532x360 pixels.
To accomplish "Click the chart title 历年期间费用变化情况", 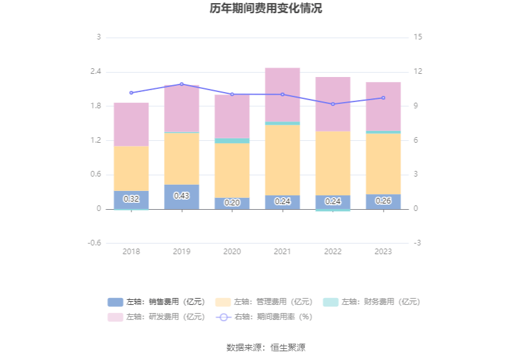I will [x=266, y=9].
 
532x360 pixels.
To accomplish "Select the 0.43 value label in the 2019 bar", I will [x=182, y=196].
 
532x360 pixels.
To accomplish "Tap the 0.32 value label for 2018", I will [x=131, y=199].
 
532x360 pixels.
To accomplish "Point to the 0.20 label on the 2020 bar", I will [x=232, y=203].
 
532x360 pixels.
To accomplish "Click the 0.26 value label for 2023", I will [x=383, y=201].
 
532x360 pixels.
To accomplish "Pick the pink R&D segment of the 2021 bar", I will [x=282, y=94].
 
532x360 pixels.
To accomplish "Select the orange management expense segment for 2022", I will [x=332, y=163].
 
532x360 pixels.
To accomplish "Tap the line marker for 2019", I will [x=182, y=84].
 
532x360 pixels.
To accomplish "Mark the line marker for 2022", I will [x=332, y=104].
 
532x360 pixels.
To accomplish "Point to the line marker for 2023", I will [x=383, y=98].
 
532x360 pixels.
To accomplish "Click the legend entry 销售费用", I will [x=156, y=302].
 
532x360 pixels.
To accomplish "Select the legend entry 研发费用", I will [x=156, y=317].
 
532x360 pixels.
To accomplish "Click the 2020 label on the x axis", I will [x=232, y=252].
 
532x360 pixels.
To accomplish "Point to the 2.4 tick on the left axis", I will [x=95, y=71].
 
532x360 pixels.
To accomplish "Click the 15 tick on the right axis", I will [x=418, y=37].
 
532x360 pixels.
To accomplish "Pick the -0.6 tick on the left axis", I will [x=95, y=243].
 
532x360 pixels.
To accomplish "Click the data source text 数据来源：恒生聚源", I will [x=266, y=347].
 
